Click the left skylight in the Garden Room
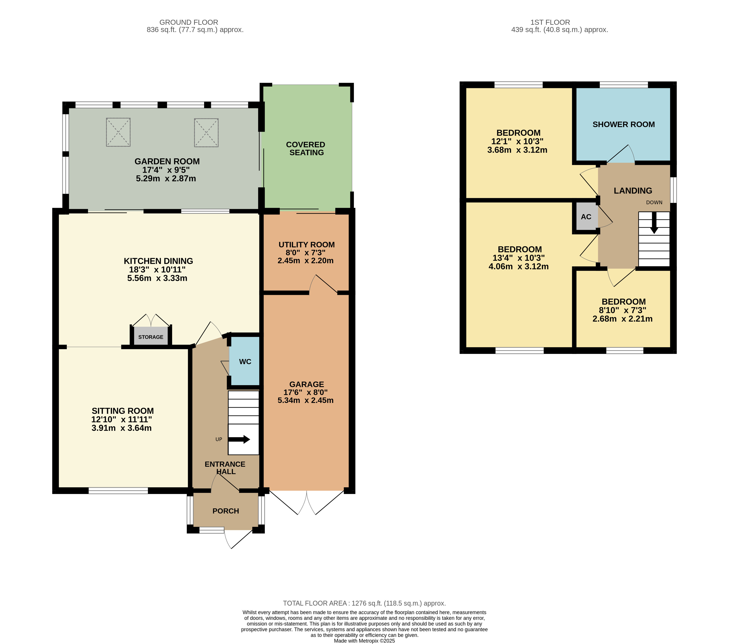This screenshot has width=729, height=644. click(x=118, y=132)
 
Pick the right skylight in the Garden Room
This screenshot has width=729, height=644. click(x=206, y=132)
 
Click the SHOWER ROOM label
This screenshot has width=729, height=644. click(x=623, y=125)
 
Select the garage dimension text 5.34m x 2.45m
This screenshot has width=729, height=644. click(x=305, y=400)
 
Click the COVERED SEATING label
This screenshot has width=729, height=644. click(x=306, y=148)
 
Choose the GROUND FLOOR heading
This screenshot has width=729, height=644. click(x=189, y=22)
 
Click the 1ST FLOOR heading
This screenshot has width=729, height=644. click(x=550, y=22)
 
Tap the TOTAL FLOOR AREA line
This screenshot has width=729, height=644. click(x=364, y=603)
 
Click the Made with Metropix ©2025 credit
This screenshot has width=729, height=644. click(x=364, y=641)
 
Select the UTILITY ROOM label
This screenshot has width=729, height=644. click(x=306, y=245)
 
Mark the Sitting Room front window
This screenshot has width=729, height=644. click(x=118, y=491)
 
